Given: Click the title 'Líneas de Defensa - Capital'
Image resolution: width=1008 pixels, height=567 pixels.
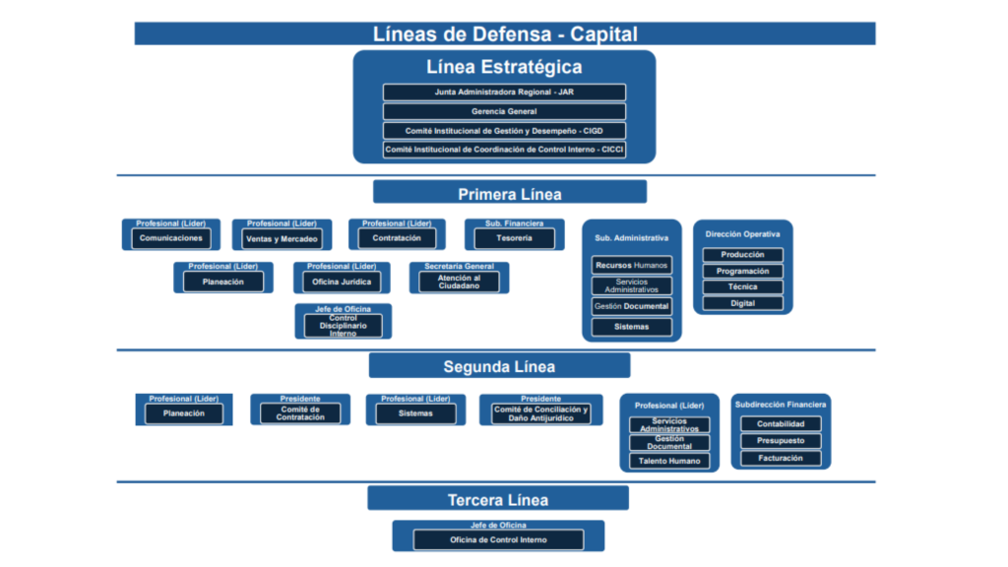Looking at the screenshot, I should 504,33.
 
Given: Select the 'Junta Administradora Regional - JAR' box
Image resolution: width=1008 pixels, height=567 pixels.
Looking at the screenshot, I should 504,93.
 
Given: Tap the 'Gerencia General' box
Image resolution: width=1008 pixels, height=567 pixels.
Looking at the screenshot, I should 504,111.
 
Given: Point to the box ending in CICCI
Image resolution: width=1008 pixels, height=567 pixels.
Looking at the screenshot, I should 504,150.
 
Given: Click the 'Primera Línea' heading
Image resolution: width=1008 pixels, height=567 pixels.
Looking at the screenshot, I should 509,193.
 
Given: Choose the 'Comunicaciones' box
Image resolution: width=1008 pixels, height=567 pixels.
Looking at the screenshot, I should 171,238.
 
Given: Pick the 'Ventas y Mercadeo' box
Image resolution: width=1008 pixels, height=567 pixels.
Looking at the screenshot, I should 283,239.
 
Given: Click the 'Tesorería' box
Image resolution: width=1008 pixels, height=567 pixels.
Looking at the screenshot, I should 514,239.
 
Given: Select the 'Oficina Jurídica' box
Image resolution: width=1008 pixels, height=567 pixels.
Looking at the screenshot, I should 341,283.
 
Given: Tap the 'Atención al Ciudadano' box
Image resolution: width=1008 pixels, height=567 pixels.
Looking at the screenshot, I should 459,282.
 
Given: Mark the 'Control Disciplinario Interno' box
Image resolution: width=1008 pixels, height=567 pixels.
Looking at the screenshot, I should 343,326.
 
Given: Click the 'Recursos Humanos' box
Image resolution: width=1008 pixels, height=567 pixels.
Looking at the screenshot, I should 631,265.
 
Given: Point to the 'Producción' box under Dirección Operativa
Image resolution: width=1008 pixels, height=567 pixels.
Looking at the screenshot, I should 743,255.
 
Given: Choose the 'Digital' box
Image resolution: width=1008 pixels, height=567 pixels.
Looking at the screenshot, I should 743,303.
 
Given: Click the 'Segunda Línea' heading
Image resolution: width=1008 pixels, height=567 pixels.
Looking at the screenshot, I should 499,366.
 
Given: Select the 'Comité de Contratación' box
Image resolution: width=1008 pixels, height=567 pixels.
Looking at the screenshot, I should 300,413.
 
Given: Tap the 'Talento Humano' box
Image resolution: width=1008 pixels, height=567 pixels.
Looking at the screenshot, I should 669,461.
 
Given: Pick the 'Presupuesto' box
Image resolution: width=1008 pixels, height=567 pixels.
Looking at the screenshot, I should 781,441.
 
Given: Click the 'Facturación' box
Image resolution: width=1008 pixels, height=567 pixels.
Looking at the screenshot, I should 781,458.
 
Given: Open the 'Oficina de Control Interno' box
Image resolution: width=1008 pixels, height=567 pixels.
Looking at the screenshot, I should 497,539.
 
